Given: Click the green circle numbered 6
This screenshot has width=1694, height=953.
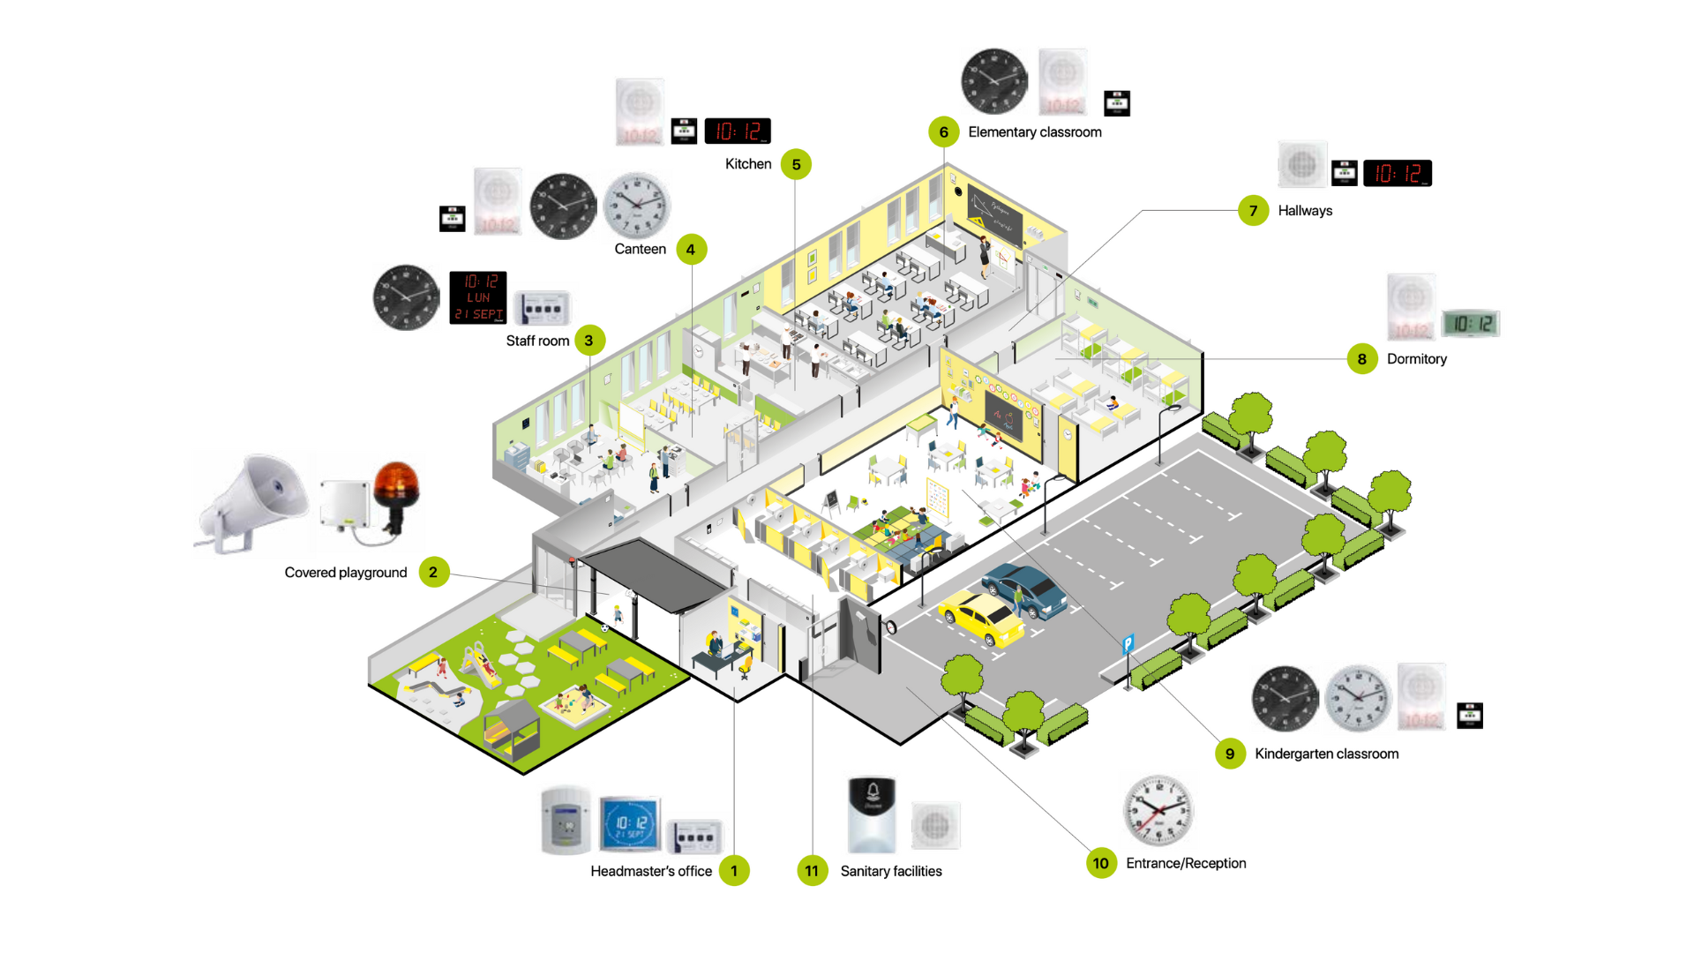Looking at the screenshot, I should (x=943, y=132).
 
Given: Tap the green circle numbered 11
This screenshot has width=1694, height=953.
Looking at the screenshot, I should (x=812, y=871).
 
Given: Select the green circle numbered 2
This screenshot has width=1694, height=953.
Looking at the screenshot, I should (x=433, y=573).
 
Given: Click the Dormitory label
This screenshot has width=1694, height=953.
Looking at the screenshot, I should (x=1416, y=359).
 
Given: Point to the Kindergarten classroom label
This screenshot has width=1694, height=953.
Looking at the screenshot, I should (x=1326, y=754).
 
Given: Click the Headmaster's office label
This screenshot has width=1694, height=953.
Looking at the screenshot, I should (x=651, y=871).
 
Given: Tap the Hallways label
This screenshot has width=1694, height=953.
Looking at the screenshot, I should (x=1305, y=211).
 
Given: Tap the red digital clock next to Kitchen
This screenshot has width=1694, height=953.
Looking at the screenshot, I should (x=738, y=131).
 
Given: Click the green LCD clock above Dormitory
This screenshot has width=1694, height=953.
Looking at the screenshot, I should (x=1471, y=324).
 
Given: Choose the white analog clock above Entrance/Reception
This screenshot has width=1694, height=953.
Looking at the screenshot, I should (x=1158, y=810).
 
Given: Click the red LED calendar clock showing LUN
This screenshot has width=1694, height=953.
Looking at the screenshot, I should (x=478, y=297).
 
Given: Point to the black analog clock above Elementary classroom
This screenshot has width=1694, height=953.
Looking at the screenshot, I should (x=994, y=81).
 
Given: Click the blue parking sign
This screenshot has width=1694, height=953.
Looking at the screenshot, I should (x=1128, y=644).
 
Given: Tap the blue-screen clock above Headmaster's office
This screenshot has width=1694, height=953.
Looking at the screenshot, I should (x=630, y=824).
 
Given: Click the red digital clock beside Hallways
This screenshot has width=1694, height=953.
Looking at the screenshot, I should (x=1398, y=173).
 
